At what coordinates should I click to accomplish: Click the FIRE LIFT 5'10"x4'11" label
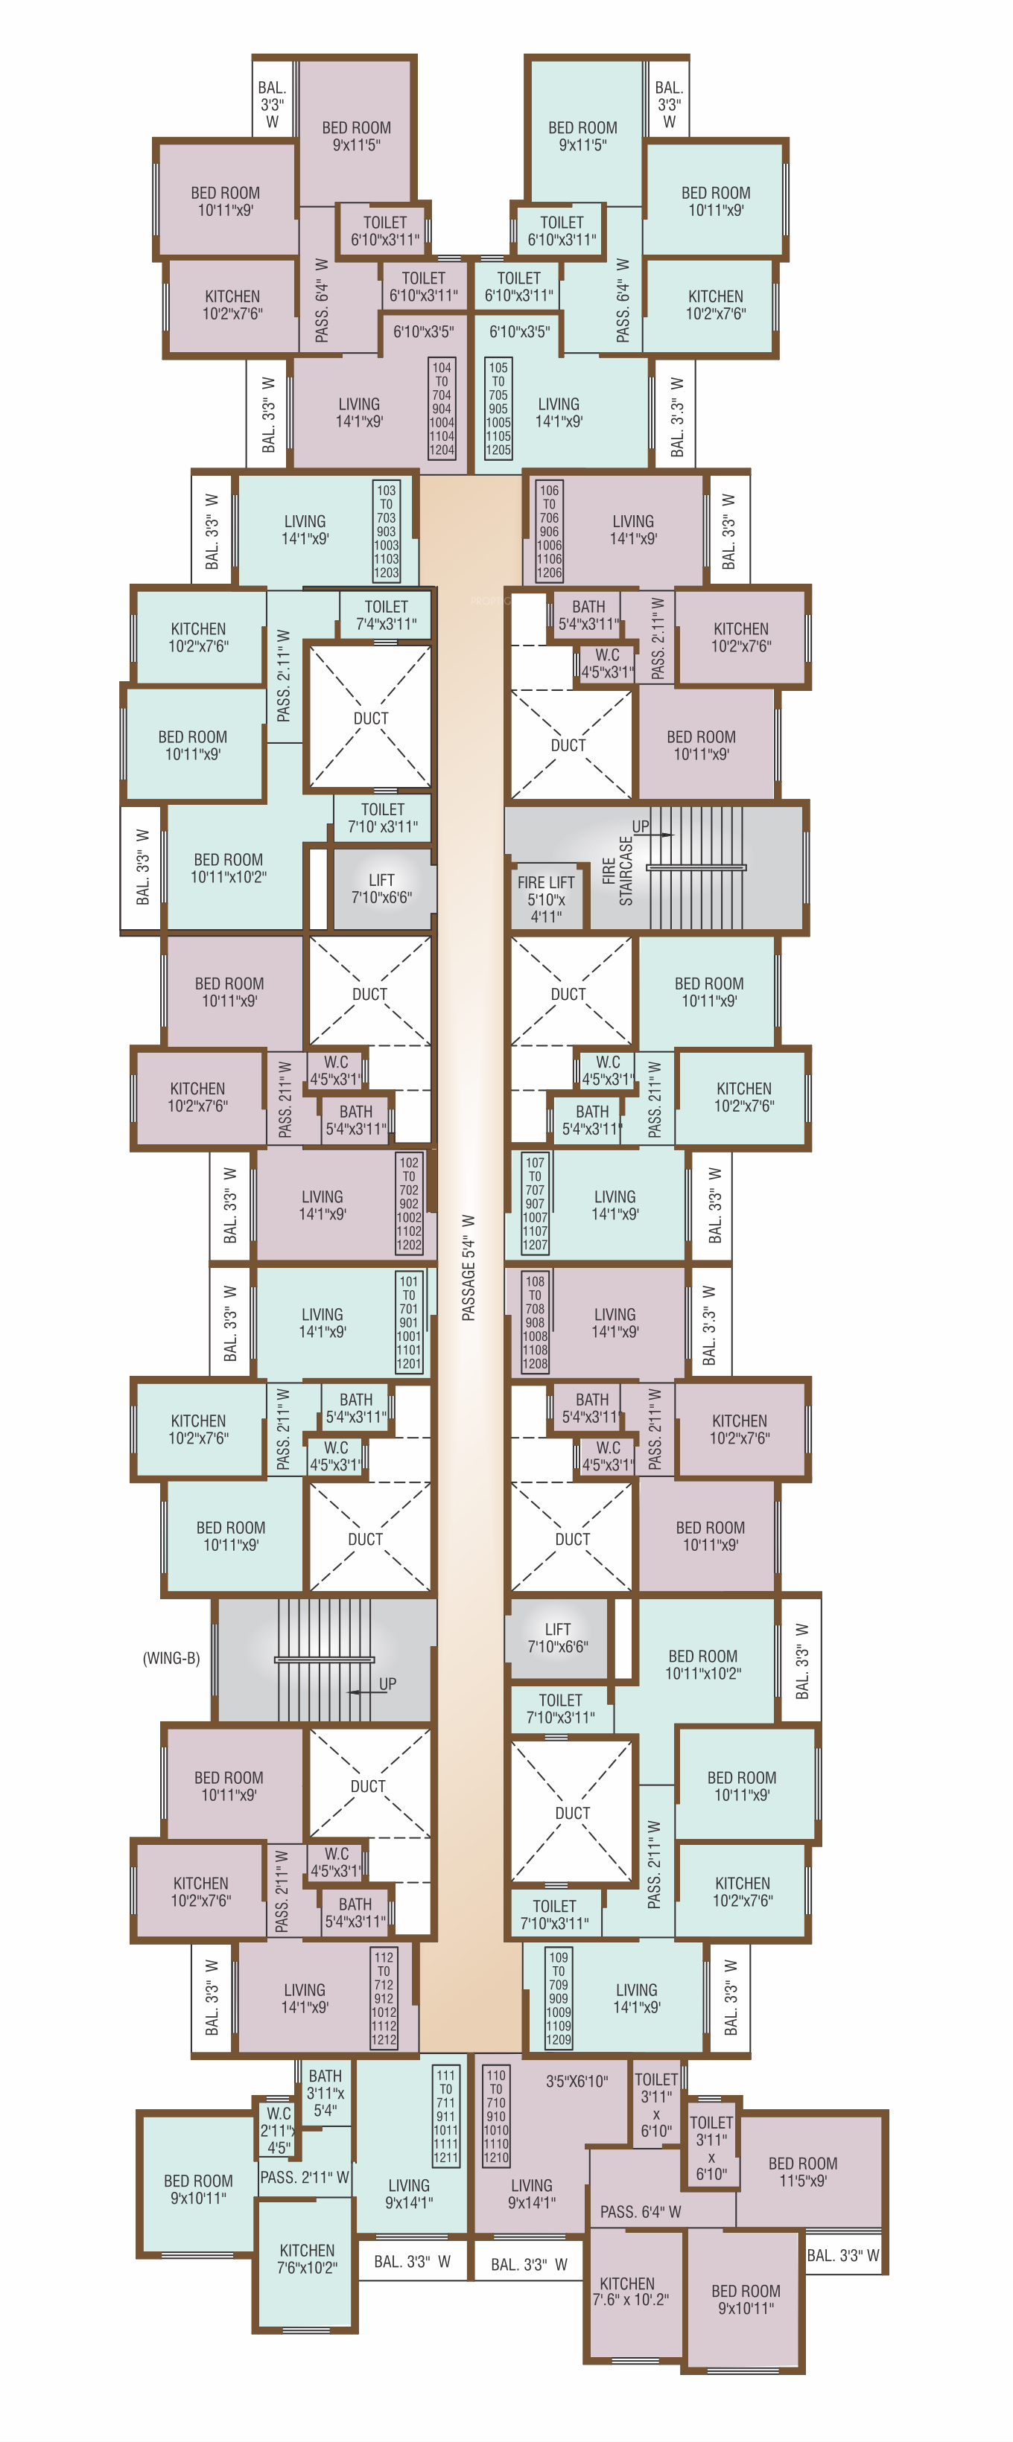pos(545,899)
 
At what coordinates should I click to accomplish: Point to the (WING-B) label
pos(171,1658)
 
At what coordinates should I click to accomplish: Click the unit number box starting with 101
pos(409,1322)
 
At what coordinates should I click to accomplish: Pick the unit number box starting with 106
pos(549,532)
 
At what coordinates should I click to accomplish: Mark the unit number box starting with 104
pos(442,409)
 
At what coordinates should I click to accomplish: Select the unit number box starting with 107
pos(535,1204)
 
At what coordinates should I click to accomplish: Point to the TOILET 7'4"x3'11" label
pos(386,615)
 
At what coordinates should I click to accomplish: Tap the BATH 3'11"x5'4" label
pos(326,2093)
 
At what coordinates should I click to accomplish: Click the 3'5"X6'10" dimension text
pos(577,2081)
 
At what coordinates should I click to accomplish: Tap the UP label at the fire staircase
pos(641,826)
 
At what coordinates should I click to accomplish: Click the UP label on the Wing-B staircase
pos(387,1683)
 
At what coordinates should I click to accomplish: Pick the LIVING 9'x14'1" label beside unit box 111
pos(409,2193)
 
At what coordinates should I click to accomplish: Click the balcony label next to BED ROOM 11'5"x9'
pos(842,2255)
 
